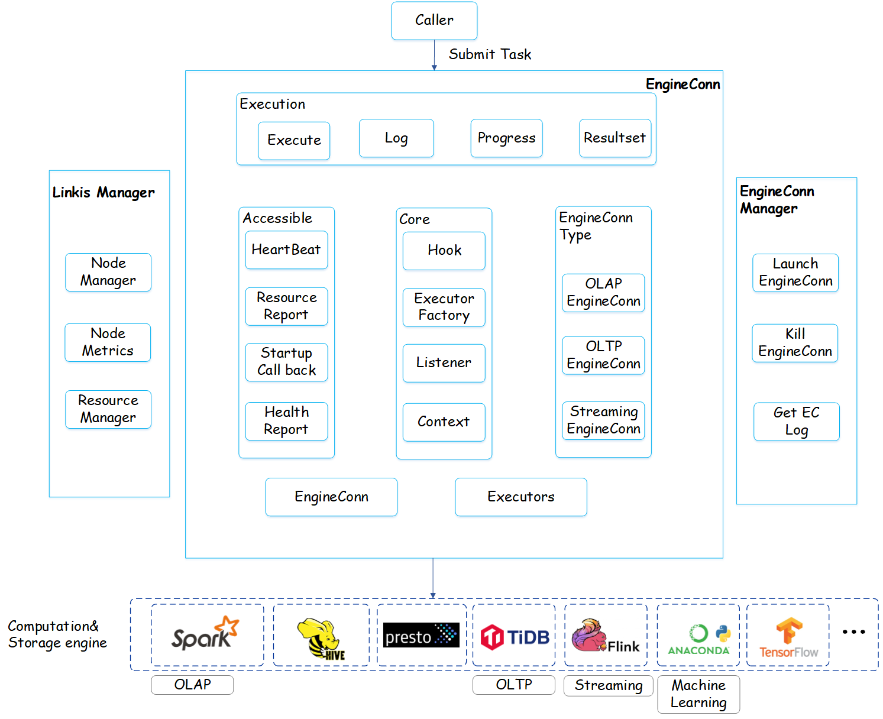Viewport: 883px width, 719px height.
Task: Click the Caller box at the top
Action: pos(434,21)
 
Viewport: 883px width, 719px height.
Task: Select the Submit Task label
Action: pos(490,54)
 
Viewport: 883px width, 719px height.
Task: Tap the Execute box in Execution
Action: pos(294,141)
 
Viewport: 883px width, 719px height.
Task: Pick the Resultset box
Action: pos(615,138)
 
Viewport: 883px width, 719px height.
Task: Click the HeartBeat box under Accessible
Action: pos(286,250)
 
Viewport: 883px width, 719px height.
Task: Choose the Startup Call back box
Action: pos(286,362)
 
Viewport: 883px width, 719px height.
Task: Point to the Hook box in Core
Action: pos(444,251)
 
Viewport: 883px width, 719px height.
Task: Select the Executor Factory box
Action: pos(444,307)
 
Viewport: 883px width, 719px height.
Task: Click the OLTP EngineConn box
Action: pos(603,355)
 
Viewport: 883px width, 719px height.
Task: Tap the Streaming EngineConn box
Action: pos(603,420)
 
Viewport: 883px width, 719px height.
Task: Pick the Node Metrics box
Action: pos(108,342)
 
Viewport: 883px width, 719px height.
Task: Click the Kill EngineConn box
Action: pos(795,343)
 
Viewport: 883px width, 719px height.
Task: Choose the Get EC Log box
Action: pos(796,422)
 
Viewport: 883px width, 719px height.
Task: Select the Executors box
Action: pos(521,497)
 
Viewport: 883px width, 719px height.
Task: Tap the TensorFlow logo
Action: pos(788,637)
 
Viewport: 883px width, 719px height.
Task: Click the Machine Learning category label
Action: pos(698,694)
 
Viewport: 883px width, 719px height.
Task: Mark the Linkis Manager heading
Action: pos(103,193)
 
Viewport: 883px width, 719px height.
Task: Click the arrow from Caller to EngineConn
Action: pos(434,56)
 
